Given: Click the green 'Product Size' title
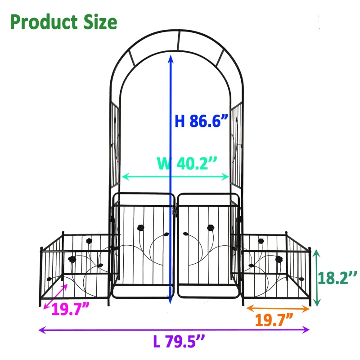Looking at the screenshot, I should pyautogui.click(x=63, y=22).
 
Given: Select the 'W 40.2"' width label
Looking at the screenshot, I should pyautogui.click(x=187, y=163).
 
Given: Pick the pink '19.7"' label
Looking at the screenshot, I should pyautogui.click(x=70, y=310).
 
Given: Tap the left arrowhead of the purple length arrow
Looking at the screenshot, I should pyautogui.click(x=42, y=330).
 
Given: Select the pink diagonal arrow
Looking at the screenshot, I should pyautogui.click(x=55, y=296).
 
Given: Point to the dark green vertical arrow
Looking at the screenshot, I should pyautogui.click(x=318, y=277).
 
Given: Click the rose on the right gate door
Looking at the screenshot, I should pyautogui.click(x=210, y=227).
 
